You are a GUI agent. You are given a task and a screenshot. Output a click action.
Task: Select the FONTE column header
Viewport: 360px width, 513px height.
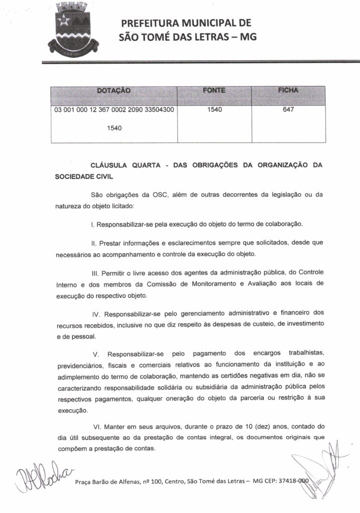pos(214,90)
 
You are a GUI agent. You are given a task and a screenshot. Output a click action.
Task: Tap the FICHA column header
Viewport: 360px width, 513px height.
pos(288,90)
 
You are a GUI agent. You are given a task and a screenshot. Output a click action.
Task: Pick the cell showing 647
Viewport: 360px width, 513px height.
pos(288,110)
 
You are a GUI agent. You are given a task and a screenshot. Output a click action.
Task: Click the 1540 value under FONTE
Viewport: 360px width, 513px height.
pos(214,110)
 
